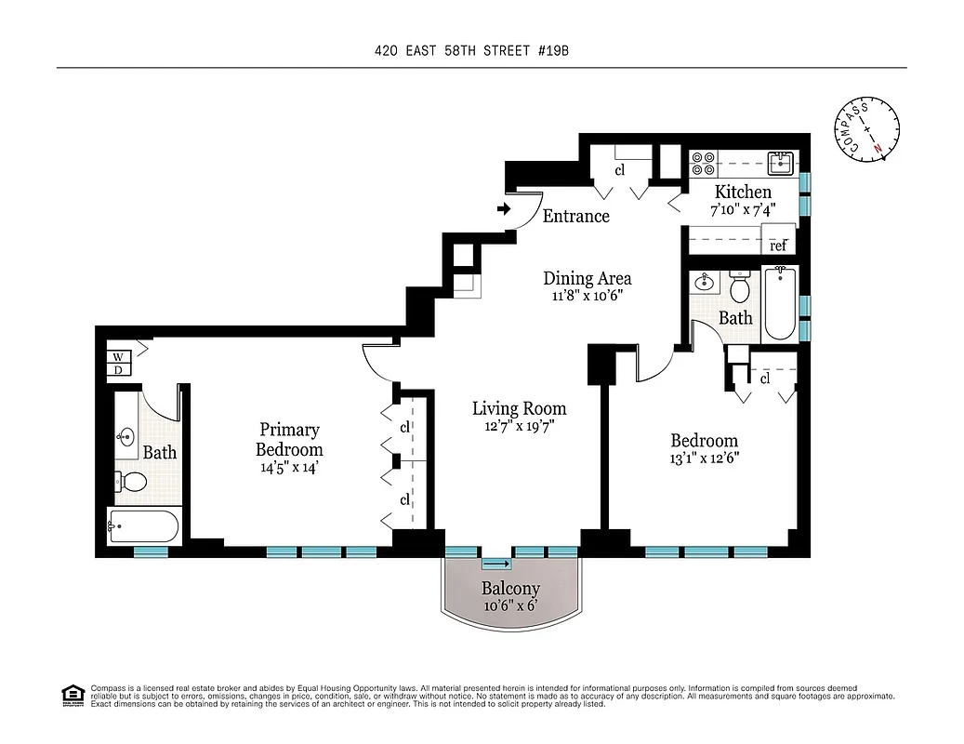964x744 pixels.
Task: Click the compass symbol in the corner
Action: [868, 130]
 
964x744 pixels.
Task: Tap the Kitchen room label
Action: [742, 192]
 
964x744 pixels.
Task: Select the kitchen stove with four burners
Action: [703, 164]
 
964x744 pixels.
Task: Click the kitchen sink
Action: [781, 164]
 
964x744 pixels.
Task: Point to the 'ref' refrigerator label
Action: [778, 246]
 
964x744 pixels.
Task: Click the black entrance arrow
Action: [504, 209]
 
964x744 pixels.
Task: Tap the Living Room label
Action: [519, 408]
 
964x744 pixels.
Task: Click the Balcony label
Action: [509, 589]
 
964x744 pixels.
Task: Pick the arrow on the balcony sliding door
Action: [496, 564]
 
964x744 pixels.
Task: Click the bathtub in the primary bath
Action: [143, 526]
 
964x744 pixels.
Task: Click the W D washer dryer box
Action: [119, 363]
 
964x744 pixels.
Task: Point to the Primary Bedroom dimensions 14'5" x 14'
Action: [289, 469]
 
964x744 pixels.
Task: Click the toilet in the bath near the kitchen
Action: [741, 288]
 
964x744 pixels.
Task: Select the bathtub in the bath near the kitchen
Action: [779, 303]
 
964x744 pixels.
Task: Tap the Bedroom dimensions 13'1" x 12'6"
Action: [704, 458]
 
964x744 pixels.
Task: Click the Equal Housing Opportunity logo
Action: [71, 695]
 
